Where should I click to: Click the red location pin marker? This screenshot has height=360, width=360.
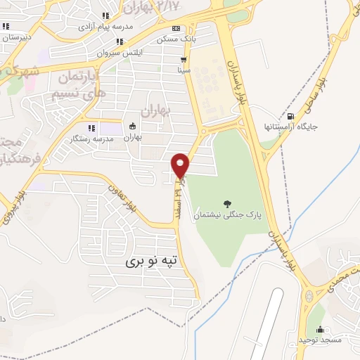tap(181, 165)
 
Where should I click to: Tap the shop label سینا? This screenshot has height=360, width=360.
tap(184, 71)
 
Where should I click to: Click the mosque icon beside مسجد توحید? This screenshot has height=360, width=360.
tap(321, 329)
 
